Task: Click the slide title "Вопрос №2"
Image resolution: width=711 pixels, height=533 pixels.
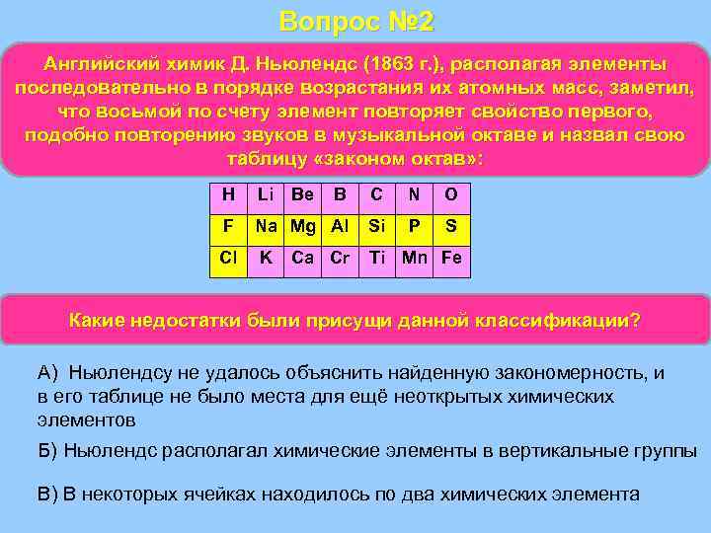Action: click(x=355, y=21)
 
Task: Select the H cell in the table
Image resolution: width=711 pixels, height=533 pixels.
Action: click(x=228, y=194)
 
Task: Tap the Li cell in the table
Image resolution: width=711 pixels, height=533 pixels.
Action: click(x=265, y=194)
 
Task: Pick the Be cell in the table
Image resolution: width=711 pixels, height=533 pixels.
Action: click(x=302, y=194)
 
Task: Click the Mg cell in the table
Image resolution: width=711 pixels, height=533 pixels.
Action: click(x=302, y=226)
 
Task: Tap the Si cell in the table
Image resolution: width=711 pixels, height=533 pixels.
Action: click(x=376, y=226)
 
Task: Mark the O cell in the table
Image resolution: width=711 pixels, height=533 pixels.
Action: click(x=450, y=194)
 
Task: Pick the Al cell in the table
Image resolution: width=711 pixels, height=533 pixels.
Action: click(x=340, y=226)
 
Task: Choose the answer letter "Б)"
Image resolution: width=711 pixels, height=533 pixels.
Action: click(x=48, y=451)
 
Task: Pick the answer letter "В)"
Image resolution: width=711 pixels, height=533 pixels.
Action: click(x=48, y=495)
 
